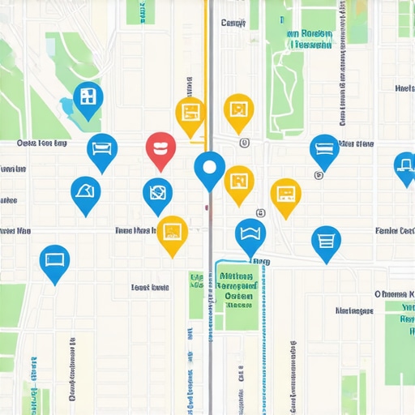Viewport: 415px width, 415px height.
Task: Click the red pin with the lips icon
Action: [x=160, y=149]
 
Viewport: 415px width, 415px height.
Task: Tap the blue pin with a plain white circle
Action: [x=210, y=169]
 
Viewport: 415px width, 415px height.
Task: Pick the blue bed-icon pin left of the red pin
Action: [x=102, y=150]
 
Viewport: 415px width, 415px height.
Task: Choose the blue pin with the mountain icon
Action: [x=85, y=193]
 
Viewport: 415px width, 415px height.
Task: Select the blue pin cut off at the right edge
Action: [x=405, y=166]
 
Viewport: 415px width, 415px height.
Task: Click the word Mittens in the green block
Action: [x=237, y=276]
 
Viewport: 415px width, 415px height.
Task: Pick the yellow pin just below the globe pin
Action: [x=172, y=233]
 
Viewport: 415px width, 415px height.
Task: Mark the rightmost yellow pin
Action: [x=285, y=195]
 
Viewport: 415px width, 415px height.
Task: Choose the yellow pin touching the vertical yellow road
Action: [x=190, y=113]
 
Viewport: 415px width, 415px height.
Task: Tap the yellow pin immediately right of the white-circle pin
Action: [x=239, y=182]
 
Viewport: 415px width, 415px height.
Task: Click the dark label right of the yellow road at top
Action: [x=233, y=24]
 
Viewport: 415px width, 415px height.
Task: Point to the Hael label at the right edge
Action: [x=404, y=88]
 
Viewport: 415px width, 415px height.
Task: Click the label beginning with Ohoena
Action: [x=394, y=293]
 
